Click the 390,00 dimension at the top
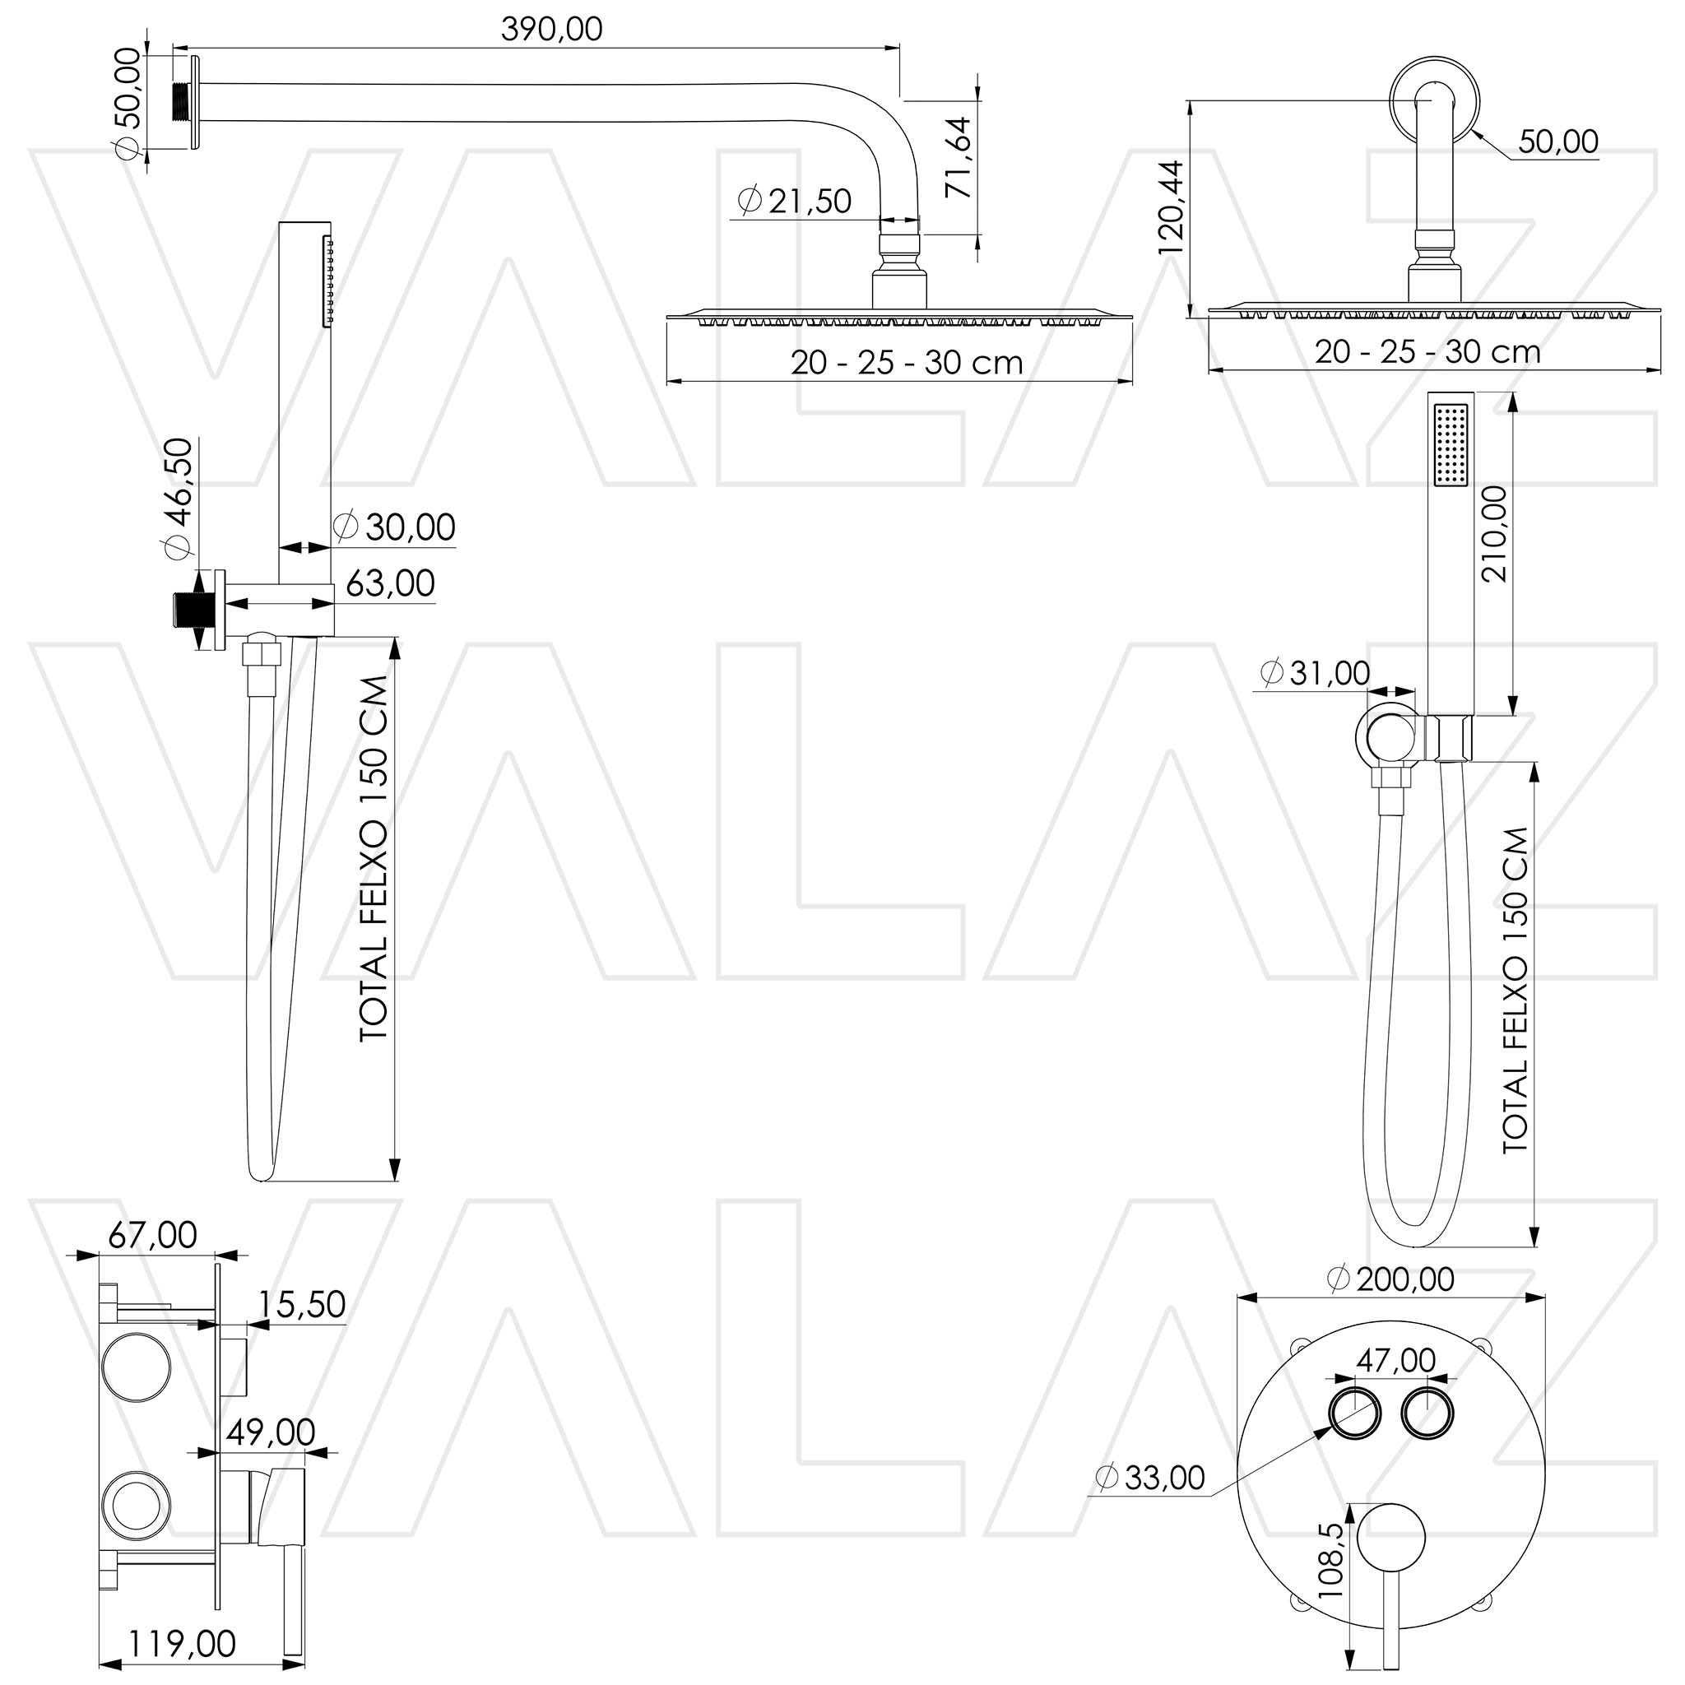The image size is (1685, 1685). click(x=551, y=30)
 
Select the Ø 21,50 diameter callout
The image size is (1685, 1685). click(x=794, y=201)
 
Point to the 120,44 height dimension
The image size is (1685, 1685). click(x=1172, y=208)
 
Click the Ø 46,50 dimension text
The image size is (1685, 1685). click(x=178, y=498)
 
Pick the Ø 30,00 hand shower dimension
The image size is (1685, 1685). click(x=394, y=527)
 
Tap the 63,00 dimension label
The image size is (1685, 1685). click(x=391, y=583)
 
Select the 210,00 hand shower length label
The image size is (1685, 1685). click(x=1494, y=534)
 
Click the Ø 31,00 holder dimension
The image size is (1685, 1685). click(x=1316, y=672)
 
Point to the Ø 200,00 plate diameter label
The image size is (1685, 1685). click(x=1390, y=1279)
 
